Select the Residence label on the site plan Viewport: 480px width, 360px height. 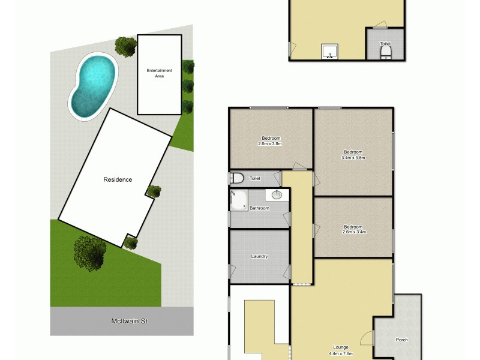coord(118,179)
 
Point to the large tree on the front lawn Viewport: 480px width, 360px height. coord(90,252)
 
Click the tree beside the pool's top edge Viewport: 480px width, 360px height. coord(125,46)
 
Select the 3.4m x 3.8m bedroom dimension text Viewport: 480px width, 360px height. coord(353,158)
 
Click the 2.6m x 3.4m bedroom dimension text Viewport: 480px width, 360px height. coord(354,232)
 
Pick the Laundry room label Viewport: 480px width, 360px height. coord(259,256)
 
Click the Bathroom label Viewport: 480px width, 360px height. coord(259,208)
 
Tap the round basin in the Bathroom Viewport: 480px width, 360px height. coord(277,194)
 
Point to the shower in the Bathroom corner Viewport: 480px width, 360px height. coord(238,200)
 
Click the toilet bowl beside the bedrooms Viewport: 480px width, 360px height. coord(236,178)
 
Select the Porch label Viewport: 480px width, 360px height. coord(401,340)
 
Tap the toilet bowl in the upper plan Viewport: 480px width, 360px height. coord(385,55)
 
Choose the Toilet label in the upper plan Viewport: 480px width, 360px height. coord(385,43)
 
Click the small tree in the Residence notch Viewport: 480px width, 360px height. coord(154,191)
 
